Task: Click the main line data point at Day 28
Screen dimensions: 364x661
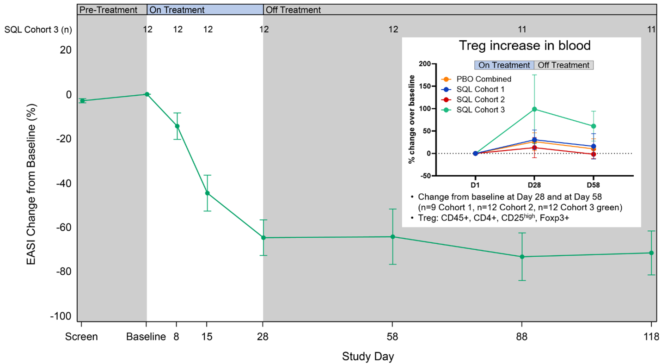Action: click(263, 238)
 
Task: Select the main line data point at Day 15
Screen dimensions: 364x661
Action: click(207, 193)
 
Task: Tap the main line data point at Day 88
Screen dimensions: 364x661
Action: click(522, 257)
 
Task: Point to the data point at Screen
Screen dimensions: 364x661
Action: click(82, 101)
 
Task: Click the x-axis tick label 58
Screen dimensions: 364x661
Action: click(392, 337)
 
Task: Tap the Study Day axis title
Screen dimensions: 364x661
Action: click(368, 357)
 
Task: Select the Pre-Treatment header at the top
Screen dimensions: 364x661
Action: click(108, 10)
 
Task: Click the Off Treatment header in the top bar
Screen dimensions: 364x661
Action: click(293, 10)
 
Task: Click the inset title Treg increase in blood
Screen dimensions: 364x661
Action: click(524, 46)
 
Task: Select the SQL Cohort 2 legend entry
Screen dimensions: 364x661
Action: click(480, 99)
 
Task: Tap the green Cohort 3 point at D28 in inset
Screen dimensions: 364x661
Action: click(534, 109)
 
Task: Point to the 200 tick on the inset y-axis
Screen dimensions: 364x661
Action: click(427, 64)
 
